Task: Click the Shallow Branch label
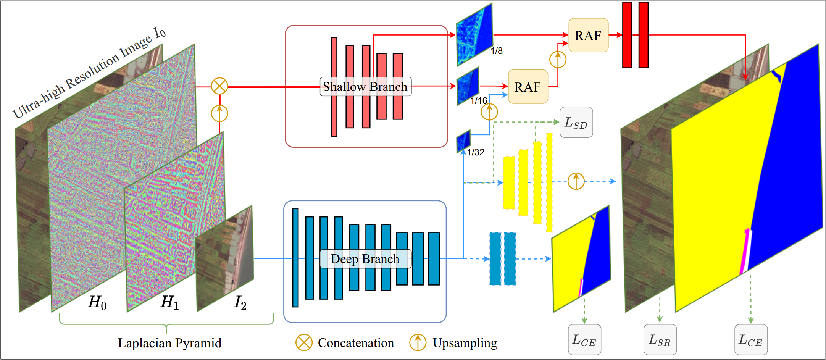tap(365, 87)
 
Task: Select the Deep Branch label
tap(365, 259)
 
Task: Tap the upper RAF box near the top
tap(588, 36)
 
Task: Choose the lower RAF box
tap(528, 87)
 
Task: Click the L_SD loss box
tap(576, 123)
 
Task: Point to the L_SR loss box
tap(660, 340)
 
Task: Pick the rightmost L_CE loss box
tap(751, 340)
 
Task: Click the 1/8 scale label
tap(497, 51)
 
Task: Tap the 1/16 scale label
tap(479, 101)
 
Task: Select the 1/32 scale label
tap(476, 152)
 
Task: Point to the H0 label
tap(97, 302)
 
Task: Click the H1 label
tap(169, 302)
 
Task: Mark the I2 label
tap(240, 302)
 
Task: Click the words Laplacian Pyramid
tap(169, 343)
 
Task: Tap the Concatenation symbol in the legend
tap(304, 342)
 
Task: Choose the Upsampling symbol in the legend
tap(418, 342)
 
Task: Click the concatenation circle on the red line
tap(219, 86)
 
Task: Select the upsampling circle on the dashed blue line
tap(576, 181)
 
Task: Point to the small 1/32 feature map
tap(464, 141)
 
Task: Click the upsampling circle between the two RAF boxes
tap(558, 60)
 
